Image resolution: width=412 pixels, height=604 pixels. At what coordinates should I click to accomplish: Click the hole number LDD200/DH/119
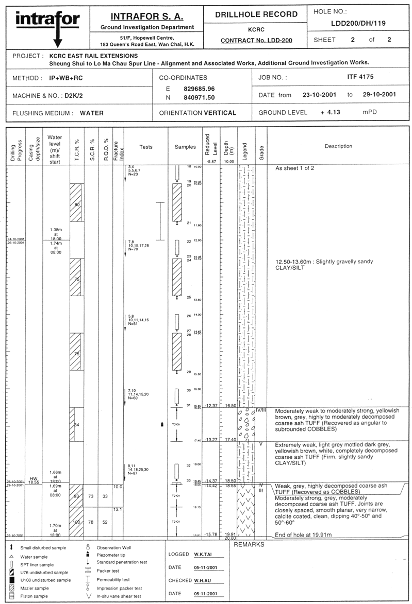pos(357,23)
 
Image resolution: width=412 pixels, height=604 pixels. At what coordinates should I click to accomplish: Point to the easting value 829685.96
pos(199,89)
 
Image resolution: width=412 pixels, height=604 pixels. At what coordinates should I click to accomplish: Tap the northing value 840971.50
pos(199,97)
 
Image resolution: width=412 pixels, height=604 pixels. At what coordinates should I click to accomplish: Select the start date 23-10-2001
pos(318,95)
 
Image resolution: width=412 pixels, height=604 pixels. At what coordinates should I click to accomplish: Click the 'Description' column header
pos(338,146)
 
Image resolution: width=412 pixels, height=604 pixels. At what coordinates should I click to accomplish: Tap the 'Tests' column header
pos(146,147)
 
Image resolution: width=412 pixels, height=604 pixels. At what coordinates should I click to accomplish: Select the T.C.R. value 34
pos(77,425)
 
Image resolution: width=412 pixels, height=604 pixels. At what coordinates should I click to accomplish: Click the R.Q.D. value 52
pos(105,522)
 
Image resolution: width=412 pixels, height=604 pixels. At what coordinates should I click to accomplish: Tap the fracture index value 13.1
pos(117,510)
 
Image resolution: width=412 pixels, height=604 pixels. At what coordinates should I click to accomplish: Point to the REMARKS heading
pos(249,544)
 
